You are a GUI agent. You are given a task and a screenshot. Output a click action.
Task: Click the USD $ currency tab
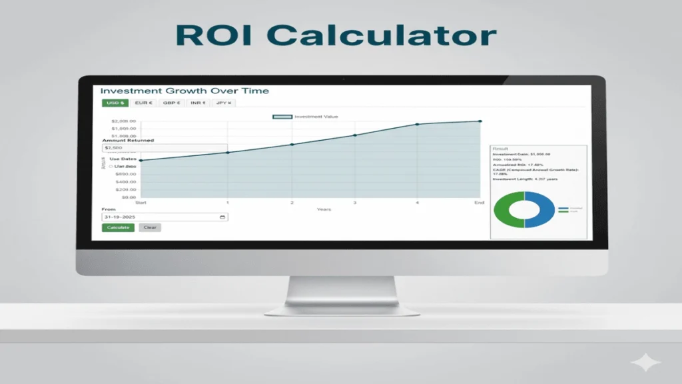tap(115, 103)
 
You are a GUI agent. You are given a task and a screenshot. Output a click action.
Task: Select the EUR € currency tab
tap(143, 103)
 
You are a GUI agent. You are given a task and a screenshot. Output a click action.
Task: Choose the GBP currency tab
tap(171, 103)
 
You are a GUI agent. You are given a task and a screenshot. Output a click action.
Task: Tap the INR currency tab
tap(198, 103)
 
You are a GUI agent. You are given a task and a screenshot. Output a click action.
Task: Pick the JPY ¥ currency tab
tap(224, 103)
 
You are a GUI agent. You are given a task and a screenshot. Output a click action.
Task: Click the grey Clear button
tap(150, 227)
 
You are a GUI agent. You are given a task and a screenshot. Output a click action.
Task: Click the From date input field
tap(160, 217)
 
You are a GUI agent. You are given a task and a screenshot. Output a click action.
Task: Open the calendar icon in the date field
tap(222, 217)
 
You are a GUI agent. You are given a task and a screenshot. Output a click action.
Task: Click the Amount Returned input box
tap(165, 148)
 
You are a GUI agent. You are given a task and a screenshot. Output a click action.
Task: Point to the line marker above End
tap(480, 121)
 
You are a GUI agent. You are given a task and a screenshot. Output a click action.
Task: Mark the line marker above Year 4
tap(418, 125)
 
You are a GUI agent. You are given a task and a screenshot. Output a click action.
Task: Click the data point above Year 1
tap(228, 153)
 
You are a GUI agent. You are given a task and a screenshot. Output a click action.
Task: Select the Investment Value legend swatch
tap(282, 117)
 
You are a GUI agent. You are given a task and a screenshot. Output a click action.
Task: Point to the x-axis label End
tap(480, 203)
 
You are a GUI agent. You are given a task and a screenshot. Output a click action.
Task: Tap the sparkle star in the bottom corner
tap(647, 363)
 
